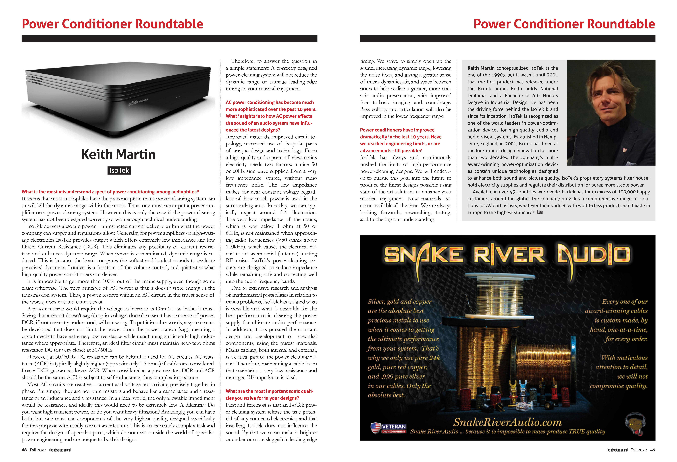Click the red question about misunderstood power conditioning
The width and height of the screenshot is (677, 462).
[x=110, y=192]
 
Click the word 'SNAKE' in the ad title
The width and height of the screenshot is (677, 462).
[x=424, y=255]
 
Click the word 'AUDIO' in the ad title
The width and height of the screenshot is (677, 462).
[x=594, y=255]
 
